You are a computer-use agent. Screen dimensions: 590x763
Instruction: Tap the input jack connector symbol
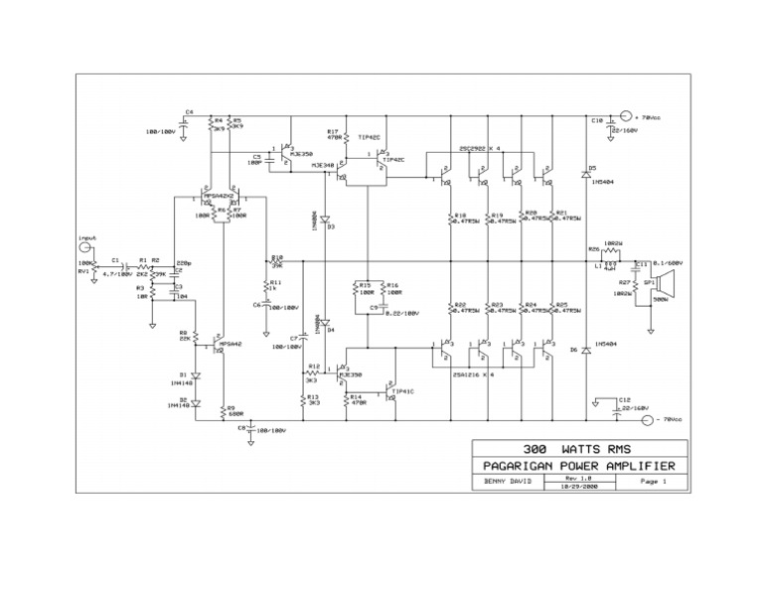coord(84,248)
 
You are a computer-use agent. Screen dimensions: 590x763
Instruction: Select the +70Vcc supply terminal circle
coord(627,116)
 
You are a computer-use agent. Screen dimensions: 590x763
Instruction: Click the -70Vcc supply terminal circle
coord(649,420)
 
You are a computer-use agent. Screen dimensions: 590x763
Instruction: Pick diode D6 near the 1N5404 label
coord(585,351)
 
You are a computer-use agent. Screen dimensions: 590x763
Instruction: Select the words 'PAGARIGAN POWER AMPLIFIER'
coord(577,466)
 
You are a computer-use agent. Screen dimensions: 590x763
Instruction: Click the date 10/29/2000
coord(579,486)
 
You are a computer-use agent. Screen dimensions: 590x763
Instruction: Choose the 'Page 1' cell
coord(652,482)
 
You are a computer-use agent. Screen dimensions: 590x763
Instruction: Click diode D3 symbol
coord(324,218)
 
